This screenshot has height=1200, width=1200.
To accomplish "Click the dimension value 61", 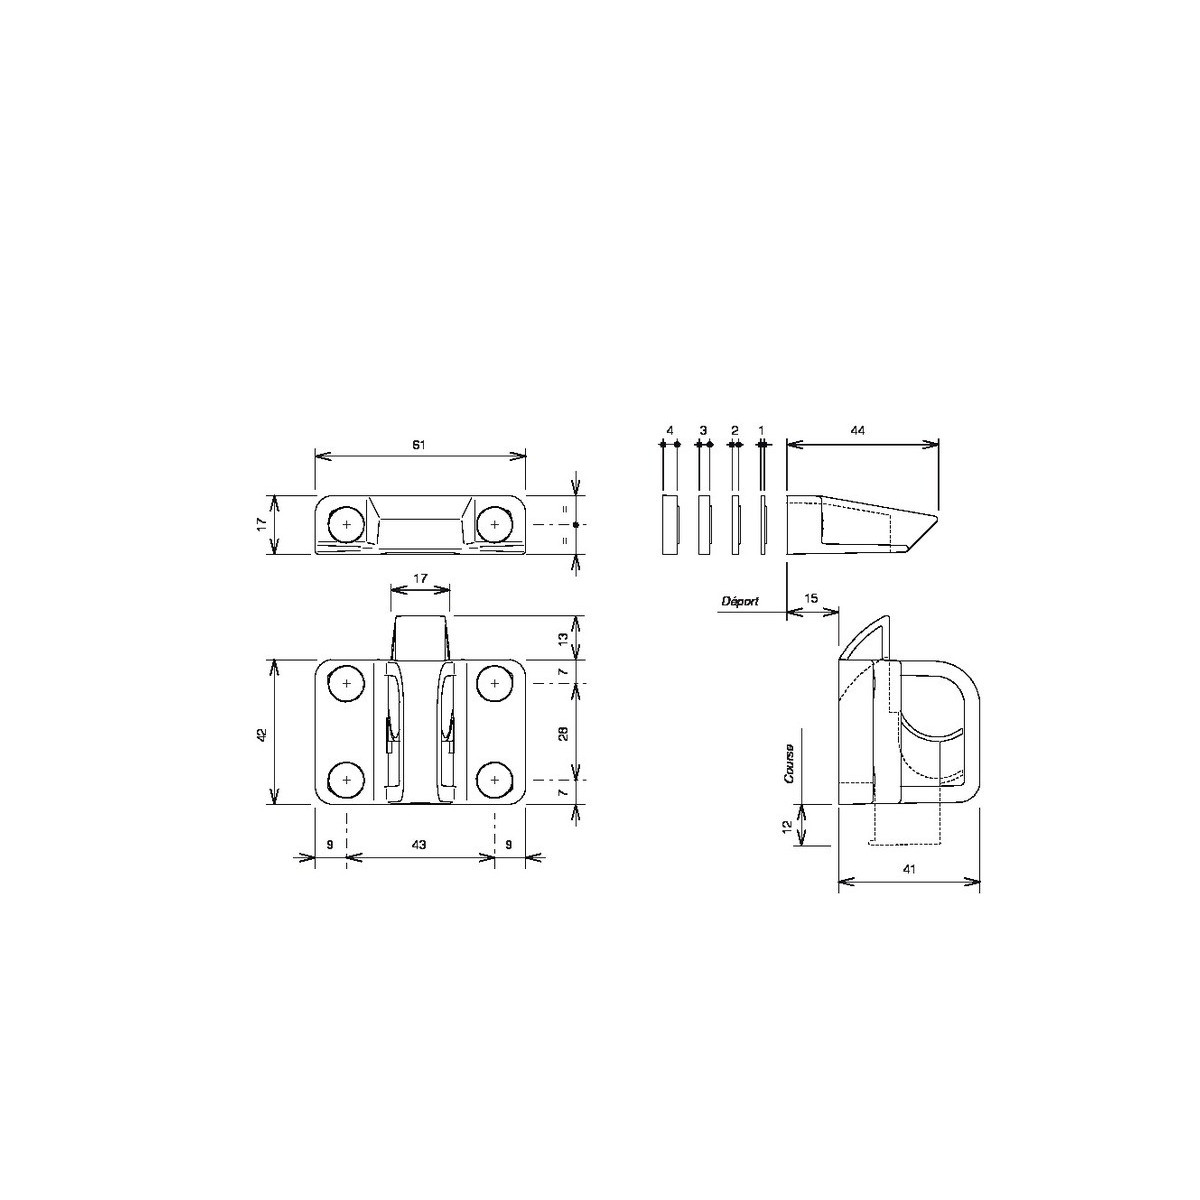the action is [x=419, y=445].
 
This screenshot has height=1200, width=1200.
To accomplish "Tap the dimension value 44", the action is [x=857, y=430].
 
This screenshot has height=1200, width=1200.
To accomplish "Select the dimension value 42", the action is [x=262, y=734].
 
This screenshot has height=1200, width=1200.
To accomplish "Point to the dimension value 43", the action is [x=419, y=844].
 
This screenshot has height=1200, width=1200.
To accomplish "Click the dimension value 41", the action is [x=909, y=869].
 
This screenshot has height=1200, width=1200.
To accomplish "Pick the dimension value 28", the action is [x=564, y=734].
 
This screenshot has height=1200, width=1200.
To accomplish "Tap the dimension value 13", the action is [x=564, y=638].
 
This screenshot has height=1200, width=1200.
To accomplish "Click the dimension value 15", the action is [x=811, y=598].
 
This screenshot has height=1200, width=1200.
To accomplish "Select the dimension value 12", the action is [x=787, y=826].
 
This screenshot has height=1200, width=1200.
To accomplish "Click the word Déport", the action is [x=740, y=602].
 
